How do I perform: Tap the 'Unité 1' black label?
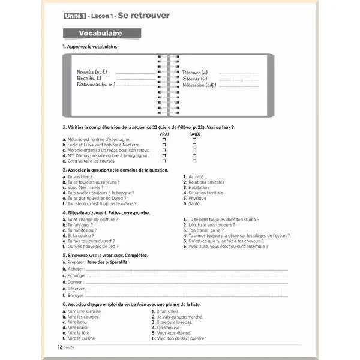click(75, 14)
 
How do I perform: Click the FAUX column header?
click(194, 134)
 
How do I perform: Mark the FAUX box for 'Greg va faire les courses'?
click(194, 161)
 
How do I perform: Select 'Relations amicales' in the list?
click(206, 182)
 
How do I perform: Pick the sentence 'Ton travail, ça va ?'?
click(206, 230)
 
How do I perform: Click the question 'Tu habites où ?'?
click(82, 230)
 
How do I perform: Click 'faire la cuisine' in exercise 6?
click(85, 339)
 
